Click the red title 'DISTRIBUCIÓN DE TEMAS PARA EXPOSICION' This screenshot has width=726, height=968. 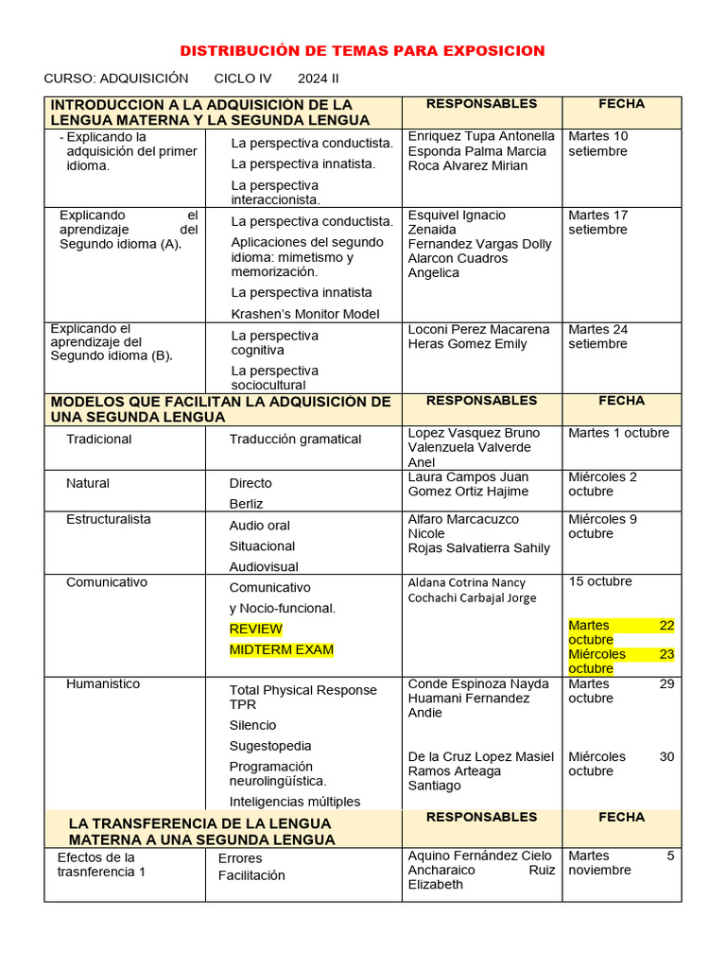[362, 51]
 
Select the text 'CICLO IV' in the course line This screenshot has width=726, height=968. [242, 78]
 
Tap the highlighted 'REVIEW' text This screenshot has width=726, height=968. [255, 629]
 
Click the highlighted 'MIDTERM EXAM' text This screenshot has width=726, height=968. [281, 649]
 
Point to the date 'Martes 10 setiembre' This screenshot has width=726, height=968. [597, 144]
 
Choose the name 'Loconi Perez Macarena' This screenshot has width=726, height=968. [478, 330]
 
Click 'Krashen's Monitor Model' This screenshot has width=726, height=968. [304, 314]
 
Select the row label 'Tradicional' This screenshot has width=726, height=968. [98, 440]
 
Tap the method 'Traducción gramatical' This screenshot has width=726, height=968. [295, 440]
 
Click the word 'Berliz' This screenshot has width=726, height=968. [246, 504]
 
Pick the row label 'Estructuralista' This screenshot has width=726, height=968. [108, 519]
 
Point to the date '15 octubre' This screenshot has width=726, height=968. [600, 581]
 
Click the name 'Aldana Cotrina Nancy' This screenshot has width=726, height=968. [466, 583]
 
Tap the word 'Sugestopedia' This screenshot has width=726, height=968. [269, 746]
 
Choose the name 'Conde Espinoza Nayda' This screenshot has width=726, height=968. [477, 683]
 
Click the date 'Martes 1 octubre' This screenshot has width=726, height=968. [618, 433]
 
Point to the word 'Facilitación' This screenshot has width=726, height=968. [251, 875]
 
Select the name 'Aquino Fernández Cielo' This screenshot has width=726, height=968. [479, 856]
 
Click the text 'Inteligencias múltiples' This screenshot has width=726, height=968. [294, 802]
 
